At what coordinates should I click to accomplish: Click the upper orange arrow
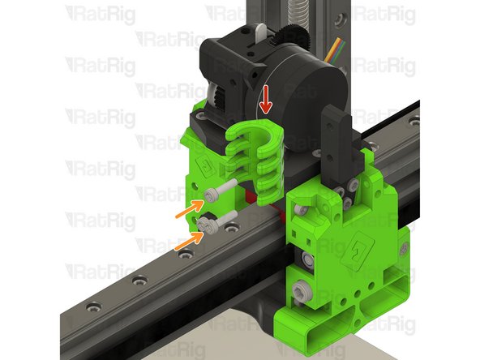187,212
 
